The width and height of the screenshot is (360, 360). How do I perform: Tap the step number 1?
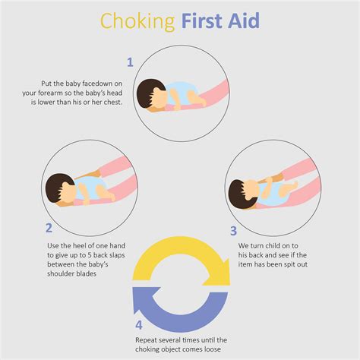130,62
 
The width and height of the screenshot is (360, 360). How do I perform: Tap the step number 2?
49,226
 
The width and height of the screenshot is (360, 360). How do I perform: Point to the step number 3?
233,230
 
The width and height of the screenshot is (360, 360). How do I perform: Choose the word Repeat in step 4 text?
148,340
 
